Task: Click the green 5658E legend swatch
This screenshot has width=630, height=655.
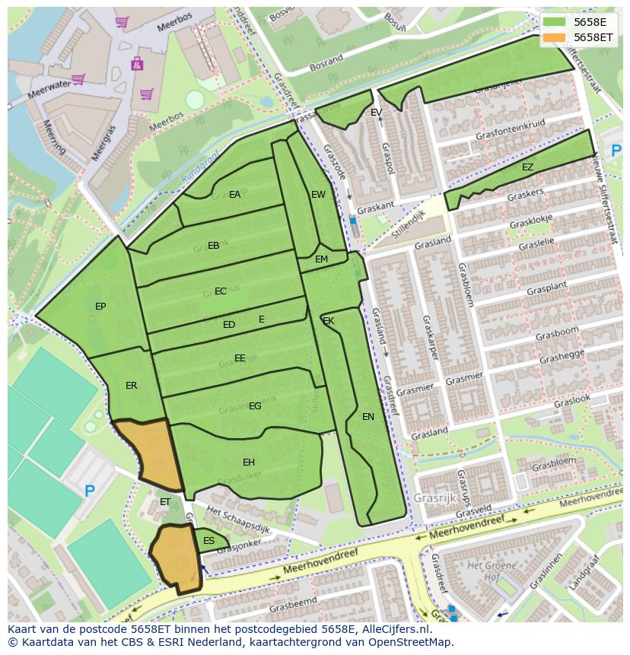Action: [x=555, y=22]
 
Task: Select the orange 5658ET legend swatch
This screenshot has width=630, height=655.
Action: [x=555, y=37]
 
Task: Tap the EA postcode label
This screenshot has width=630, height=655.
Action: [x=234, y=195]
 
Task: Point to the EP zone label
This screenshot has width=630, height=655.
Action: [x=100, y=307]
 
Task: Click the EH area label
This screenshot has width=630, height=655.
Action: [x=249, y=463]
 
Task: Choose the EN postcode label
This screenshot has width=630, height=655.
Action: [x=368, y=417]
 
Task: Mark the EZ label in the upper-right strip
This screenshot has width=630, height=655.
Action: [x=527, y=167]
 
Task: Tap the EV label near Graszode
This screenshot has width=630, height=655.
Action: [x=376, y=113]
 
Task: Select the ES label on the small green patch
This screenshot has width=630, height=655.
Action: [x=208, y=541]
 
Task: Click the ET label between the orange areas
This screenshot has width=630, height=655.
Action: [x=165, y=502]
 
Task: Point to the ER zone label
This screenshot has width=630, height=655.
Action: [x=131, y=386]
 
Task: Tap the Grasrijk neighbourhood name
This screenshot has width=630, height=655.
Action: [x=434, y=498]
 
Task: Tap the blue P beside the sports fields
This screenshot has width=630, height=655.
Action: [x=89, y=491]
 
